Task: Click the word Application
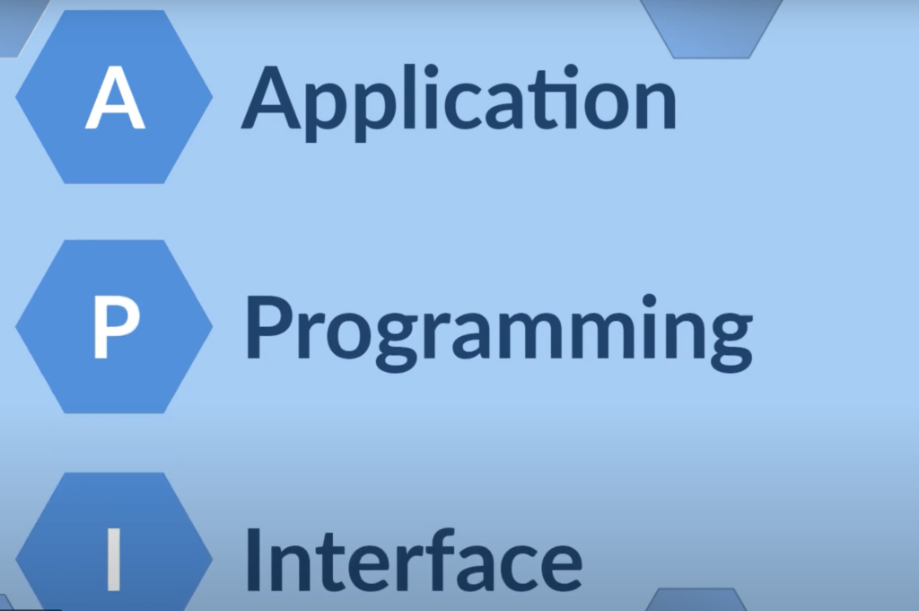tap(458, 99)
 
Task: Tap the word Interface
tap(413, 559)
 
